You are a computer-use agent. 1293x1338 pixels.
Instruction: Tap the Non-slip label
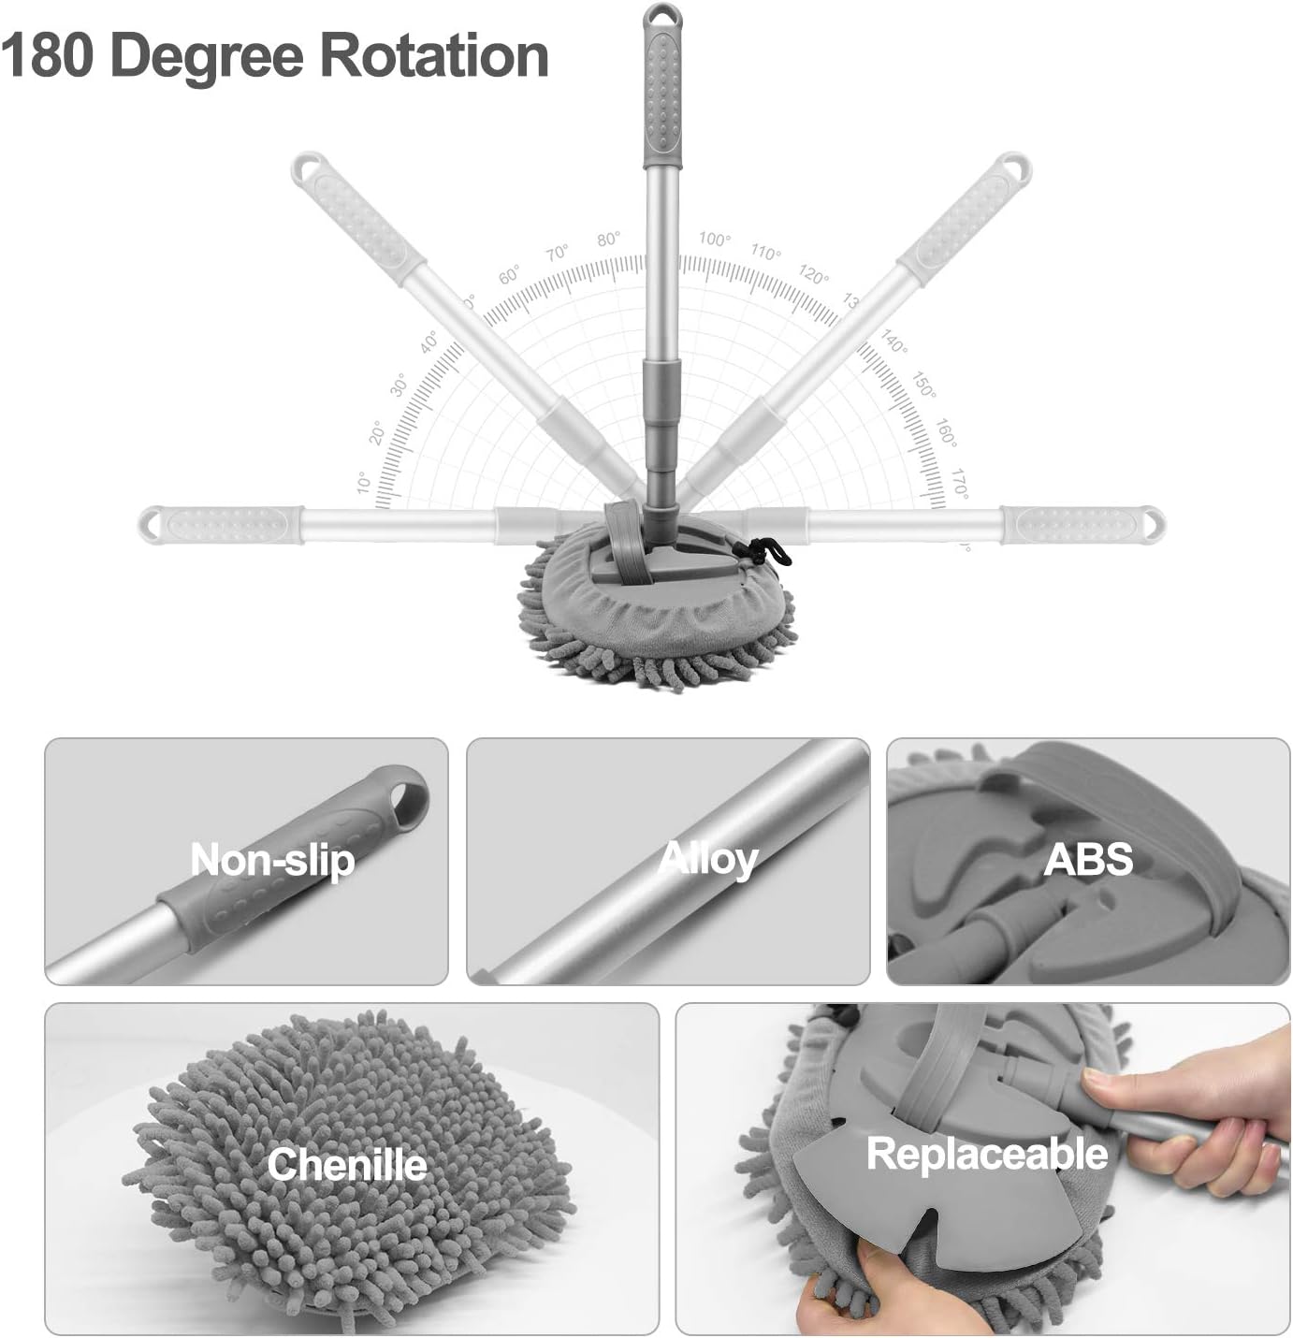point(272,860)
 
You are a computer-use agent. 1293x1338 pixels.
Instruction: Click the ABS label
point(1088,859)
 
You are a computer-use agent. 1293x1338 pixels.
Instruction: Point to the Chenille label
point(346,1164)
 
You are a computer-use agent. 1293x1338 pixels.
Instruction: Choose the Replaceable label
point(987,1154)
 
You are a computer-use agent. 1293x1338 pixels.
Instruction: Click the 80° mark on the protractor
point(609,240)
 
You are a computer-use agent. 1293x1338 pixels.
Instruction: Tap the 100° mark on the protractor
point(714,240)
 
